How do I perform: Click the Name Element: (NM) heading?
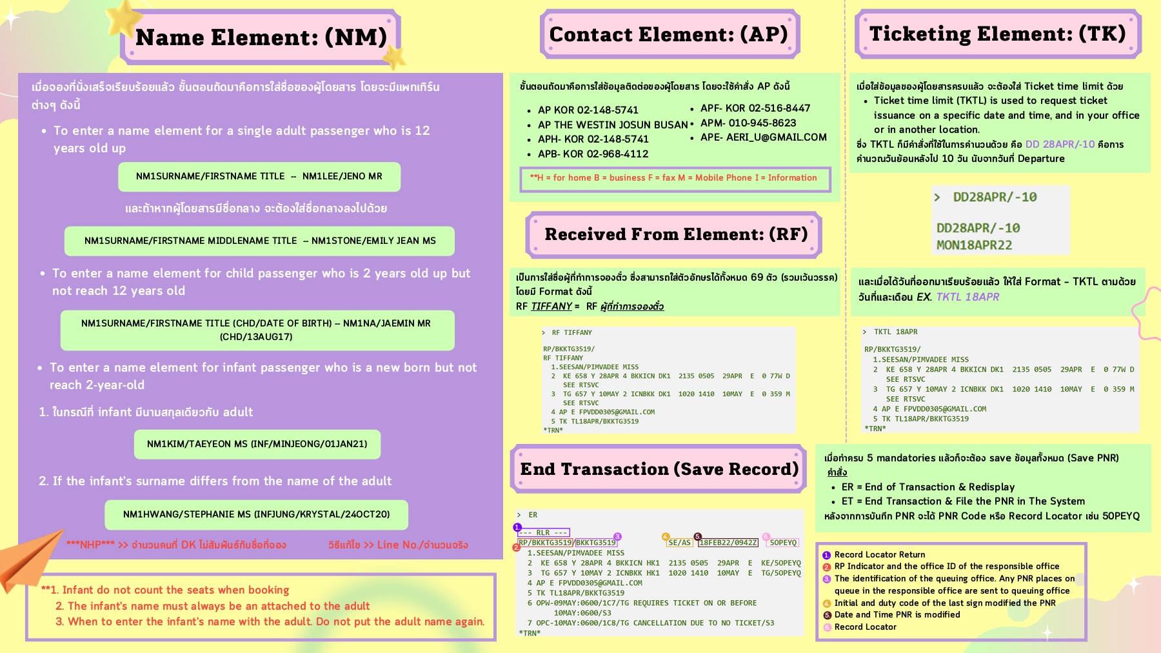click(x=261, y=37)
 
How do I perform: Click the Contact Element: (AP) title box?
click(x=669, y=34)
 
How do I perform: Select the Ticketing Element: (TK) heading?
click(x=997, y=34)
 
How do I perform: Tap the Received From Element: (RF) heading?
click(x=675, y=234)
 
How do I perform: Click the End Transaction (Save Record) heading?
click(x=659, y=469)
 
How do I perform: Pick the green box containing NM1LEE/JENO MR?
click(x=259, y=176)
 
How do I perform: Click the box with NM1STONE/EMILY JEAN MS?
click(x=259, y=241)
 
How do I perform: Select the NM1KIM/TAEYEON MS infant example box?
click(x=257, y=444)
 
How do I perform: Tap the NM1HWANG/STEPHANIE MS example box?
click(x=256, y=514)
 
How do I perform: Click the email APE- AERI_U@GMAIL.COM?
click(x=763, y=137)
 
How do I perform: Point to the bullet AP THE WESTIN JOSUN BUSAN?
click(x=612, y=125)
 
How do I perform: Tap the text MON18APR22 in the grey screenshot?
click(x=974, y=245)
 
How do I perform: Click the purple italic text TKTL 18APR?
click(x=967, y=297)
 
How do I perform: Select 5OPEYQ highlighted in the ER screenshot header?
click(x=783, y=543)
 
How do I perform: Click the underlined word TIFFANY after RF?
click(x=551, y=306)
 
